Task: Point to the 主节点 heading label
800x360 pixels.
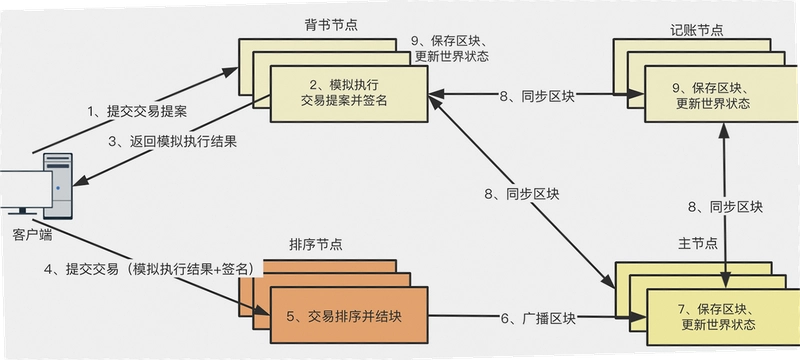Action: [x=697, y=243]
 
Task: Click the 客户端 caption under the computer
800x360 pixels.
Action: [x=32, y=236]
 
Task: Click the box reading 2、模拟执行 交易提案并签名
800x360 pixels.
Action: [x=349, y=94]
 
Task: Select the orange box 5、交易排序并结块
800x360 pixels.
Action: [x=349, y=316]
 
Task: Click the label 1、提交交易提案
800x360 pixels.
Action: [x=137, y=112]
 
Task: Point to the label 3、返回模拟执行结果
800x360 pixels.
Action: [x=173, y=141]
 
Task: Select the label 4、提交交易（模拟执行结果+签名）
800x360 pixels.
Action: [x=149, y=269]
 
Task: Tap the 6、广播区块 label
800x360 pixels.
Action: [x=539, y=319]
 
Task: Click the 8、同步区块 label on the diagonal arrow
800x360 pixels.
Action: [x=522, y=194]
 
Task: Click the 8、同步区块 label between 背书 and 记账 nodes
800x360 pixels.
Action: [x=537, y=95]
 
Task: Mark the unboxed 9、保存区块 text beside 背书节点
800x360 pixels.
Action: [x=452, y=48]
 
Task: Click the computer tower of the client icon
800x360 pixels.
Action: [x=58, y=186]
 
